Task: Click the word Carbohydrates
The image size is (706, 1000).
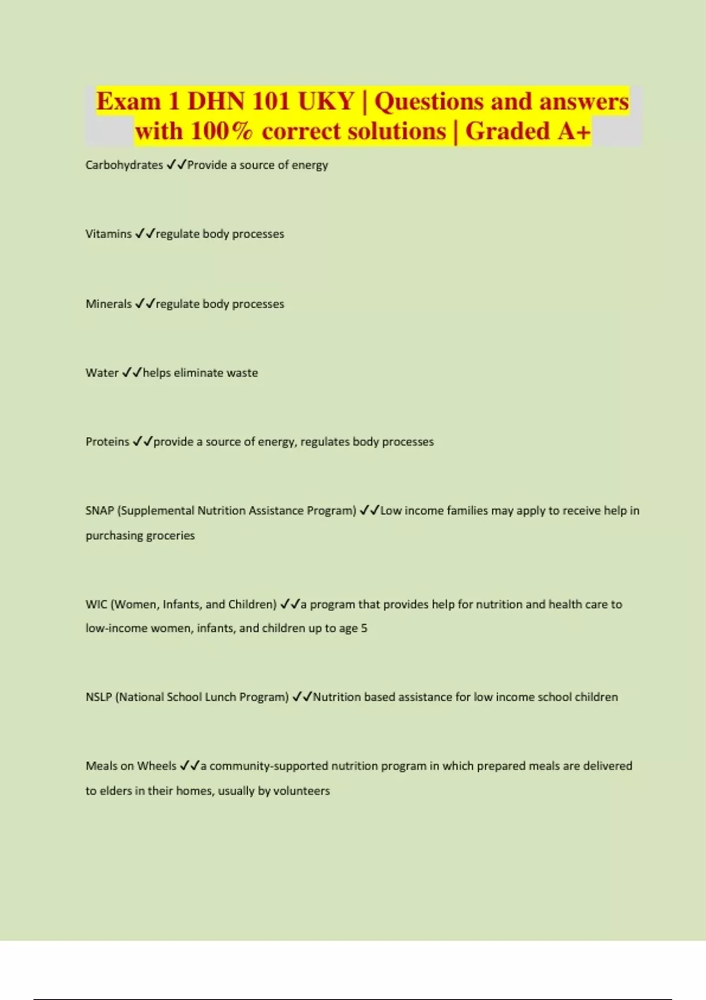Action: coord(124,165)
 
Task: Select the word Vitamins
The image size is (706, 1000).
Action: coord(108,234)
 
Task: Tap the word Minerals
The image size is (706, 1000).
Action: coord(108,304)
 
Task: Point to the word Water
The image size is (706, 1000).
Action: coord(102,373)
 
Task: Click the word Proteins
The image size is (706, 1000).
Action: coord(107,442)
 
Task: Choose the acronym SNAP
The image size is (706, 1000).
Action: coord(99,511)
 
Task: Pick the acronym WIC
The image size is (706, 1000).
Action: coord(96,605)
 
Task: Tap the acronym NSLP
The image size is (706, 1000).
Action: coord(98,697)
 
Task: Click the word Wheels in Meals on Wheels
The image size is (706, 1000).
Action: coord(156,766)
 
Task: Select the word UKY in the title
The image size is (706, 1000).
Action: coord(325,101)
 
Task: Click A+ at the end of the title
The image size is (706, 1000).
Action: coord(574,131)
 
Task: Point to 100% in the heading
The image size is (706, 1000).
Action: coord(221,131)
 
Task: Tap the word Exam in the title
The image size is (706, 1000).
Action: coord(128,101)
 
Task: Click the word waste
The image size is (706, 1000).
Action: coord(242,373)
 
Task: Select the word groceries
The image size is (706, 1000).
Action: coord(170,536)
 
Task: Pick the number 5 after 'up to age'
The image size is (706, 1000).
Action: coord(364,628)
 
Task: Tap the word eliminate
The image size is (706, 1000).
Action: coord(198,373)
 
